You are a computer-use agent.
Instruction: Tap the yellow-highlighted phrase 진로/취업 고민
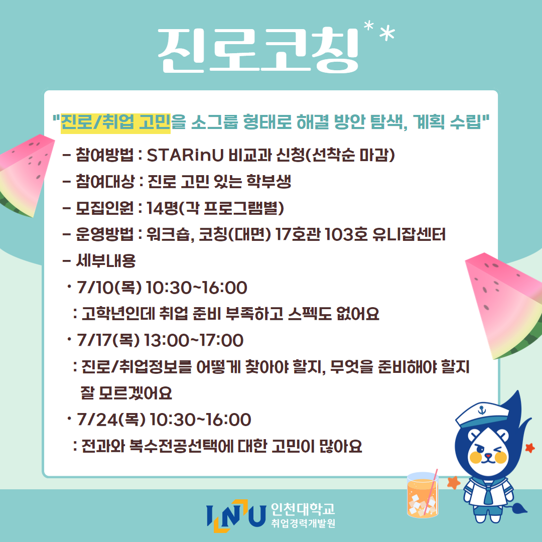click(115, 122)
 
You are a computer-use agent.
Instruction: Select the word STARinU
click(185, 155)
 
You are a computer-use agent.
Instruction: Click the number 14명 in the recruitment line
click(162, 208)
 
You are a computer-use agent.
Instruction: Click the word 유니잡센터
click(409, 234)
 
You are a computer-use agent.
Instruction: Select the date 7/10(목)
click(109, 288)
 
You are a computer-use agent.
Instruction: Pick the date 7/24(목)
click(111, 420)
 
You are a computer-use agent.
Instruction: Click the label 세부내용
click(106, 260)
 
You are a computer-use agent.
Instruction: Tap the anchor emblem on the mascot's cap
click(481, 411)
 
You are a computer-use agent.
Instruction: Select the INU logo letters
click(236, 516)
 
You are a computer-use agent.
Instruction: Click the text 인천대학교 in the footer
click(303, 509)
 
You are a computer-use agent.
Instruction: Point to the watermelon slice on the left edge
click(24, 175)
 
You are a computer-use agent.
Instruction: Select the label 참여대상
click(105, 182)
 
